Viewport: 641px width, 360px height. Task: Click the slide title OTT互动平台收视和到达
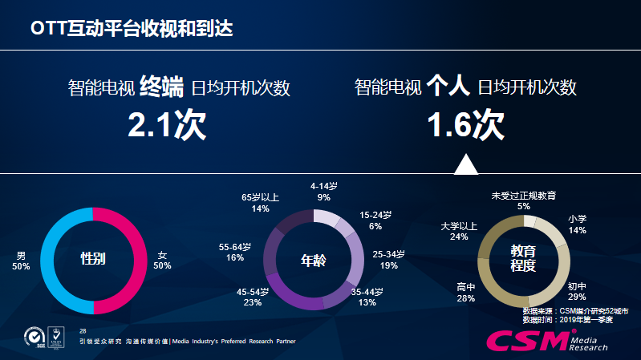pos(132,28)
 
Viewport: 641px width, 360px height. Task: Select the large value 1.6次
pos(465,125)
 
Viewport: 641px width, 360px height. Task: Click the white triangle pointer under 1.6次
pos(465,164)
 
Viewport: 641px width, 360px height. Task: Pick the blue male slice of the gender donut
pos(48,261)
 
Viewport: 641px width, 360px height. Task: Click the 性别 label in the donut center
pos(94,260)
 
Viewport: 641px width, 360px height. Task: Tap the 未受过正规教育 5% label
pos(524,200)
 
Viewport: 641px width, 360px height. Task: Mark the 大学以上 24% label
pos(459,232)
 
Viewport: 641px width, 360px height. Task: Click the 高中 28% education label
pos(466,292)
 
